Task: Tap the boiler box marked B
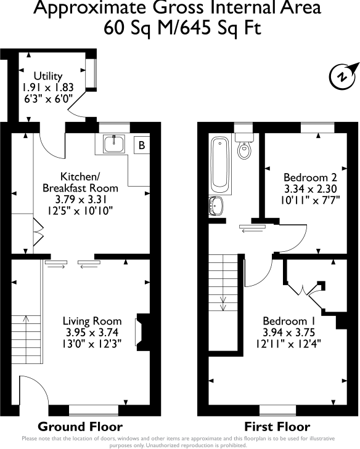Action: point(141,146)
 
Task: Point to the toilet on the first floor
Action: point(244,148)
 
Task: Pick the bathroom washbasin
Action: point(217,205)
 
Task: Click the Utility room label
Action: point(48,76)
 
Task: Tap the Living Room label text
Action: point(92,321)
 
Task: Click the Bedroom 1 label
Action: point(289,321)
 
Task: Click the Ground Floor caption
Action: point(80,426)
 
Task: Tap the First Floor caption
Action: point(277,426)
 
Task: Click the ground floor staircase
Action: point(27,342)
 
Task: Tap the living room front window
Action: point(93,408)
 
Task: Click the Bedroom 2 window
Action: point(317,127)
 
